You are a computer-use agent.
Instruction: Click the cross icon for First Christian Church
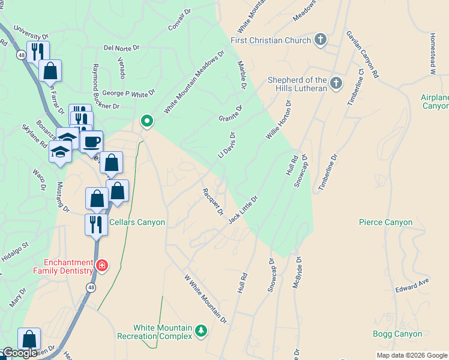(x=321, y=40)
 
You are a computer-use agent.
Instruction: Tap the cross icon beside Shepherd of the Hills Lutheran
(x=336, y=83)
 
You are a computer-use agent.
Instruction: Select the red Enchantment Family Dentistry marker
(x=102, y=265)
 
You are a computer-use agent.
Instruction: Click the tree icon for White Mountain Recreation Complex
(x=201, y=331)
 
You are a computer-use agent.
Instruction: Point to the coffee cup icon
(x=91, y=142)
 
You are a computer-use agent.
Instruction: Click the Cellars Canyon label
(x=137, y=222)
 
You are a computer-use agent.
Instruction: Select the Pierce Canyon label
(x=385, y=222)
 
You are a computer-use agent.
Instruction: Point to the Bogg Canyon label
(x=397, y=334)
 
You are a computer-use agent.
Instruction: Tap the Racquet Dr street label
(x=212, y=202)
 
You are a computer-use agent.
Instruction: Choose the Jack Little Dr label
(x=243, y=209)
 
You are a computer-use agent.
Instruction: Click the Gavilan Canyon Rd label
(x=363, y=55)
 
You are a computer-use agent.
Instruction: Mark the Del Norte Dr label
(x=121, y=47)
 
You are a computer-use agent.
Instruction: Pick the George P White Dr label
(x=128, y=93)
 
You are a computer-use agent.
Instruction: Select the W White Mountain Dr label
(x=206, y=300)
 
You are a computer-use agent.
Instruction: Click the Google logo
(x=20, y=353)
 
